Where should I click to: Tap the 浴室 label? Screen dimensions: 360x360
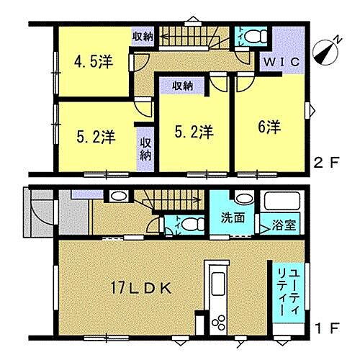tap(283, 225)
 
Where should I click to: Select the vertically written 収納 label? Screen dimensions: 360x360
tap(145, 144)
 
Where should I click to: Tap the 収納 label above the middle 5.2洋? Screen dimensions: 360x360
tap(183, 86)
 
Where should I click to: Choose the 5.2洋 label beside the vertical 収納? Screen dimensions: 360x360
tap(96, 135)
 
